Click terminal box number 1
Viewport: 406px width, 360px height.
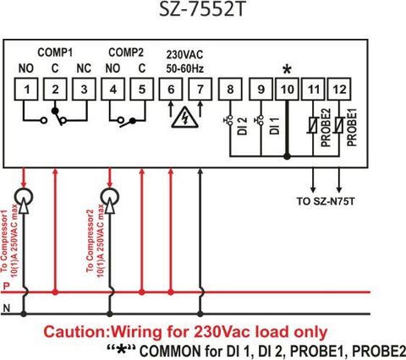(26, 90)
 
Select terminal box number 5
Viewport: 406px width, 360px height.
(142, 90)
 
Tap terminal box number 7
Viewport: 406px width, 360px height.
(200, 90)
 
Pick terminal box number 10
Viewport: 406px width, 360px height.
(287, 90)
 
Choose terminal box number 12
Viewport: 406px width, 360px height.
(339, 90)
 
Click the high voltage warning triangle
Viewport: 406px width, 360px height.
(185, 117)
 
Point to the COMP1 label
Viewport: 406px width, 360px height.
(55, 52)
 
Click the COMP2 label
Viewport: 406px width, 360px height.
(126, 52)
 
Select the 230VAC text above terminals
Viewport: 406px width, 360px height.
(184, 55)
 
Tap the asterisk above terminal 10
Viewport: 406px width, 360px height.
(287, 69)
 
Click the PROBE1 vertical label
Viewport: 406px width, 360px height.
(352, 128)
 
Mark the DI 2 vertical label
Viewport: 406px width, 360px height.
(242, 126)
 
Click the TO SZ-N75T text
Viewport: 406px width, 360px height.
(326, 201)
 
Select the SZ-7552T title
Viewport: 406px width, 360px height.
(201, 9)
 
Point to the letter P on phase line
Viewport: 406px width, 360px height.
(6, 286)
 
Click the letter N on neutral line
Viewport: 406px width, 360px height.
(7, 308)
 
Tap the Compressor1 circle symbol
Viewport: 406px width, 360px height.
(24, 197)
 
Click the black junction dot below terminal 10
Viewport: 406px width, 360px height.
(287, 156)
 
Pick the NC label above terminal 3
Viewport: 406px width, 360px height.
(84, 68)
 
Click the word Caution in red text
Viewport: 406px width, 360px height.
(76, 332)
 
